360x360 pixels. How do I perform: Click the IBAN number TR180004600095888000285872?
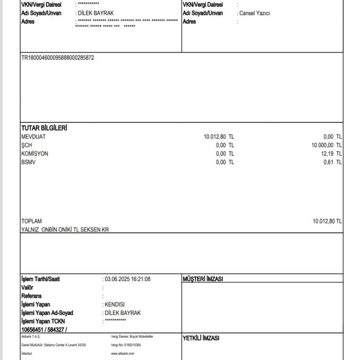point(58,58)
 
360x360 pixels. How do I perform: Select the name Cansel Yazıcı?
point(255,13)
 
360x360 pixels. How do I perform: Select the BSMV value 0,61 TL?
point(332,162)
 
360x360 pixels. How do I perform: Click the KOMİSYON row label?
point(35,154)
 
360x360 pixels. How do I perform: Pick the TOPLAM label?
point(31,221)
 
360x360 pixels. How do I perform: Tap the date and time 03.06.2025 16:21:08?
point(127,279)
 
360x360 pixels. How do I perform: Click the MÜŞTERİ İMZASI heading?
point(202,279)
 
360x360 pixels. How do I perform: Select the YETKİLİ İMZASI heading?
point(201,338)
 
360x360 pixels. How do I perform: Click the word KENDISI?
point(115,305)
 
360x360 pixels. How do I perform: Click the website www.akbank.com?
point(123,353)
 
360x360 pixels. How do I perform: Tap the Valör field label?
point(27,287)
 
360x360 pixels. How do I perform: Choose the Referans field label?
point(31,296)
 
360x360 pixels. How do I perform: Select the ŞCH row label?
point(26,145)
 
